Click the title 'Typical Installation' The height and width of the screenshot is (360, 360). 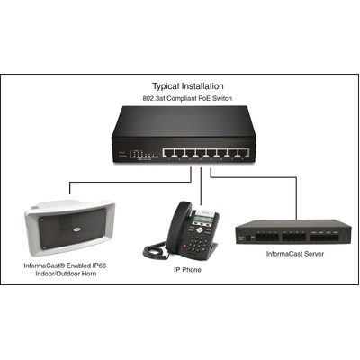[x=188, y=86]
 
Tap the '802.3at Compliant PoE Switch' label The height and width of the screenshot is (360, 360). [x=187, y=98]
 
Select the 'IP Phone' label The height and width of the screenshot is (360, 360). [x=187, y=270]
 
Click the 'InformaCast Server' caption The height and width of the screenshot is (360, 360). [x=295, y=254]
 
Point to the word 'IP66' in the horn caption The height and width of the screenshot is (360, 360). [x=98, y=265]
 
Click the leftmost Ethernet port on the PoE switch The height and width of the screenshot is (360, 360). [x=168, y=153]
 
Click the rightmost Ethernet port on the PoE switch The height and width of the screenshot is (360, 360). [x=243, y=153]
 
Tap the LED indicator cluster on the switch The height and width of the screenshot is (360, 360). [x=143, y=154]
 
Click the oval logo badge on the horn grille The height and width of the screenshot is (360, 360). [x=77, y=230]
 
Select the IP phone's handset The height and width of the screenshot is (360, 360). [x=179, y=225]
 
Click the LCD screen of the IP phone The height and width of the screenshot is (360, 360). [x=203, y=220]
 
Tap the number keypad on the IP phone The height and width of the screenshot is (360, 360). [x=197, y=244]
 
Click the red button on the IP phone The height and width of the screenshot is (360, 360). [x=184, y=246]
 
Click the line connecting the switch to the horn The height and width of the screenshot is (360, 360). [x=130, y=182]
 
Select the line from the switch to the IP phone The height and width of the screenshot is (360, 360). [x=201, y=186]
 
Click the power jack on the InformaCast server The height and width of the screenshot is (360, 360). [x=248, y=238]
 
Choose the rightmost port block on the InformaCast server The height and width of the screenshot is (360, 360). [x=325, y=238]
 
